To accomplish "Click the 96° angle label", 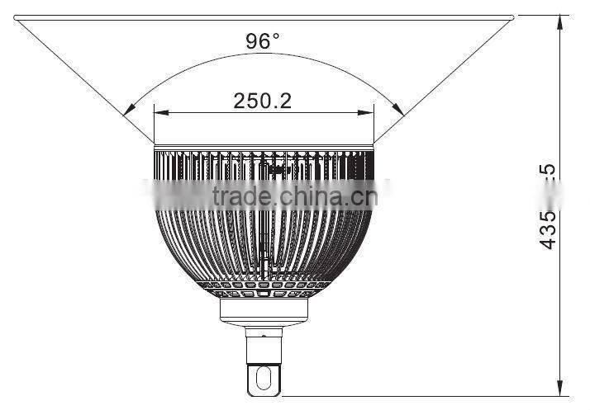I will [263, 41].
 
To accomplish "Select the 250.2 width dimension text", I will [263, 101].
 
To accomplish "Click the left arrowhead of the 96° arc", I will [127, 110].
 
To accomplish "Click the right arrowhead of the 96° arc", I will [399, 110].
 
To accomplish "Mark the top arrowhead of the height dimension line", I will [561, 21].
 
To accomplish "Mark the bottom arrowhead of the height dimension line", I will [561, 386].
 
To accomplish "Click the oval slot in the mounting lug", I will [264, 378].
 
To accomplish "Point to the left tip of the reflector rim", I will [15, 17].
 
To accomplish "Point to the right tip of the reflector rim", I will [512, 17].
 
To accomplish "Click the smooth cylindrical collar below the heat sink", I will [264, 309].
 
